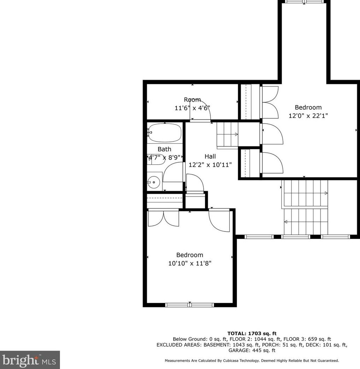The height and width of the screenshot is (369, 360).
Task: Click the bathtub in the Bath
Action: click(x=165, y=133)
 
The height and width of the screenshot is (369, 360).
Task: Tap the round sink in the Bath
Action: click(x=154, y=182)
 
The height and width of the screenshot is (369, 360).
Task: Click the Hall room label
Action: click(x=210, y=156)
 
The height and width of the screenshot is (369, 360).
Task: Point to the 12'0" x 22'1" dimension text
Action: click(x=308, y=116)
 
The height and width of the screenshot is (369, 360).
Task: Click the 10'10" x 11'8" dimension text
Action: click(x=190, y=263)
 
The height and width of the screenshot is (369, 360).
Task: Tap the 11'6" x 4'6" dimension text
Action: click(x=192, y=108)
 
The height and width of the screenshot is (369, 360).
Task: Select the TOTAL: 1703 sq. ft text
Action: click(x=252, y=333)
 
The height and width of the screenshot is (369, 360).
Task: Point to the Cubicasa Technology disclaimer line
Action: click(x=252, y=361)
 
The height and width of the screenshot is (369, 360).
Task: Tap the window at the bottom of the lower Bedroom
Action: click(x=190, y=305)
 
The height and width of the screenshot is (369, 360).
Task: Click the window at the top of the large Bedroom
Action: click(x=305, y=1)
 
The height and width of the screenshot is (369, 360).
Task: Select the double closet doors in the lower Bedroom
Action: click(x=163, y=218)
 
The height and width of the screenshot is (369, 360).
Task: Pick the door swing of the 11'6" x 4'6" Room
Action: click(x=200, y=111)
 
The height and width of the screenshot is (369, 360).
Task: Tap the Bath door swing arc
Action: click(x=173, y=172)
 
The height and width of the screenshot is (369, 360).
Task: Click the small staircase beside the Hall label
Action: click(x=227, y=135)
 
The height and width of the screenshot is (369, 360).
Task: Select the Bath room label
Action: click(x=164, y=149)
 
